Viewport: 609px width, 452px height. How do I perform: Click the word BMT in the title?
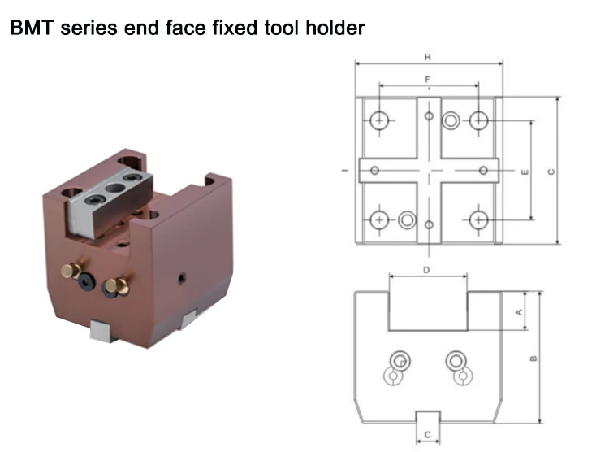tap(30, 29)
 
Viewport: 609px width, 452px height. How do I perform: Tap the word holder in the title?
tap(334, 29)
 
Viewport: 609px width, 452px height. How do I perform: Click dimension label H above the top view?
tap(427, 58)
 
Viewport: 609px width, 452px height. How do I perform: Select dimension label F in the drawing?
tap(427, 79)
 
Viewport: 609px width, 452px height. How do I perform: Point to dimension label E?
tap(525, 172)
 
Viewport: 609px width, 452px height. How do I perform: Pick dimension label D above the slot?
tap(426, 269)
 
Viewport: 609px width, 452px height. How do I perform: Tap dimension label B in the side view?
tap(533, 358)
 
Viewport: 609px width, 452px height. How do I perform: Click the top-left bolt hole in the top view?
tap(379, 121)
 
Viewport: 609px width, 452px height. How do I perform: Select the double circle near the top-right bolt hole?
tap(451, 121)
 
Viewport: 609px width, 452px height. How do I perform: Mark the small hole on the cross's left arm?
tap(374, 170)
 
